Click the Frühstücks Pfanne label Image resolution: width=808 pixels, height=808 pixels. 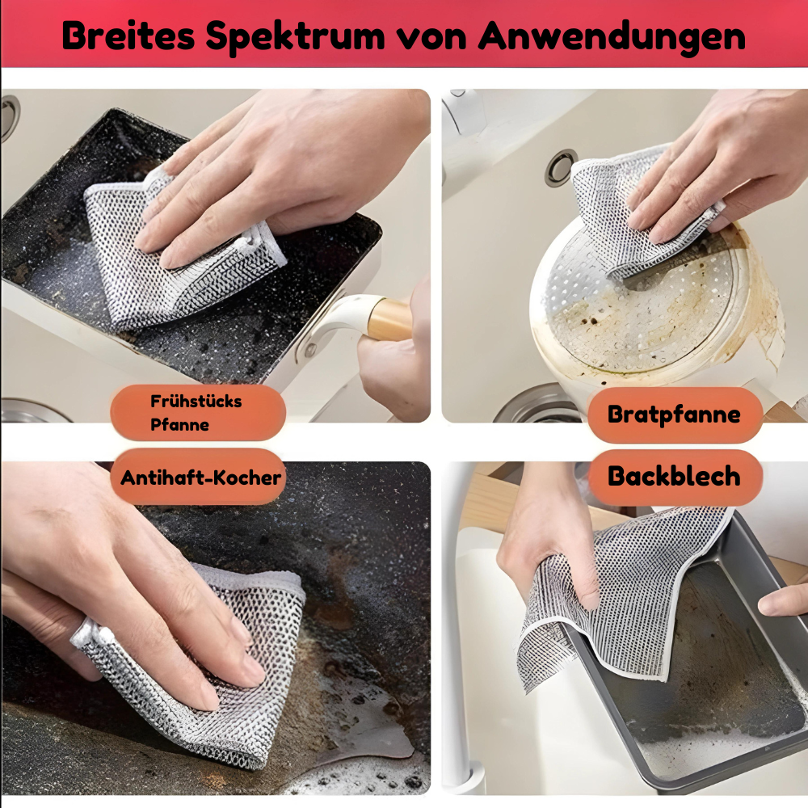coord(197,413)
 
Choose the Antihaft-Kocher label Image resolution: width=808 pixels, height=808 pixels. coord(201,477)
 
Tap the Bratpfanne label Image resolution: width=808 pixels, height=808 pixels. coord(674,415)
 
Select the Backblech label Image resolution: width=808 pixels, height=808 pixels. coord(674,476)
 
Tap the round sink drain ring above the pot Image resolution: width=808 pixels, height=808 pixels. coord(560,167)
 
